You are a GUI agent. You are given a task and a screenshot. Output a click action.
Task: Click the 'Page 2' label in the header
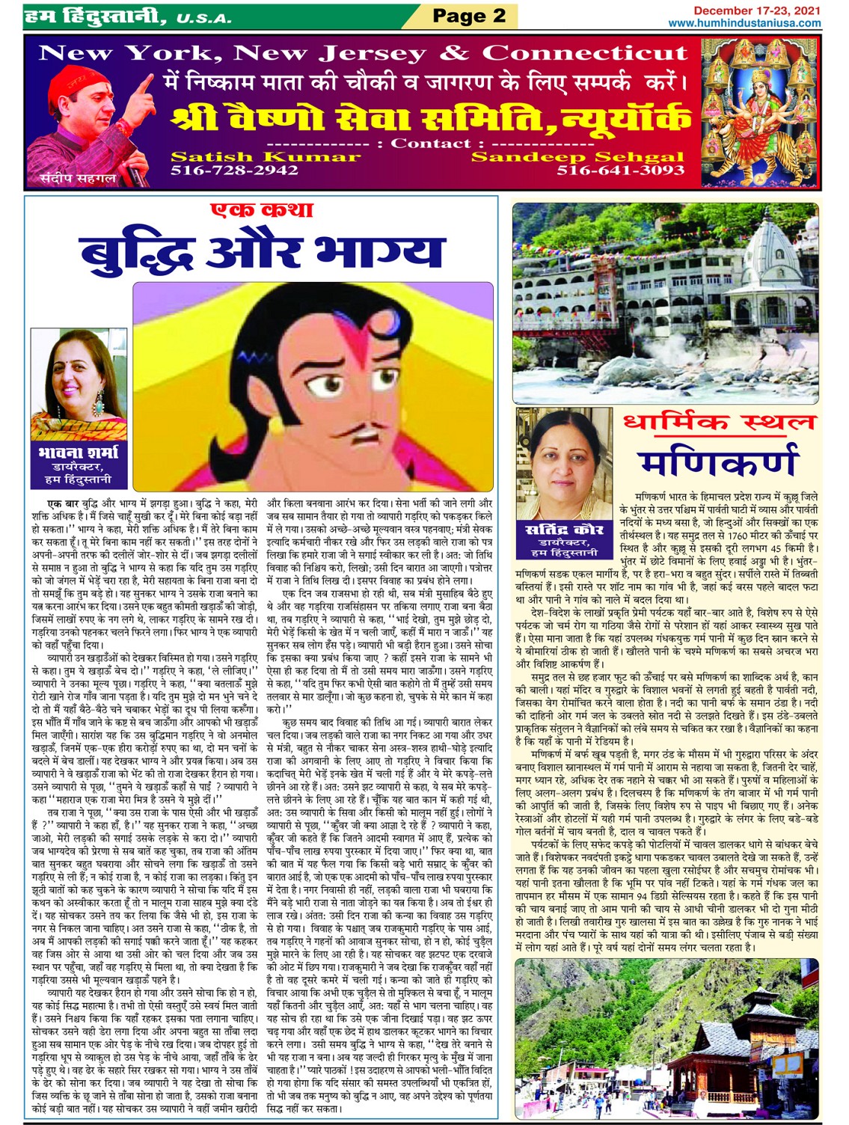click(x=469, y=16)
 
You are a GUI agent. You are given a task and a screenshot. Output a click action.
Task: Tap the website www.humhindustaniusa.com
click(x=744, y=23)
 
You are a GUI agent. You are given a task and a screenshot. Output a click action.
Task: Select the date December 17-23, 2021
click(x=756, y=10)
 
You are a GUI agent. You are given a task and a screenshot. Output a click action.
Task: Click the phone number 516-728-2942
click(x=234, y=171)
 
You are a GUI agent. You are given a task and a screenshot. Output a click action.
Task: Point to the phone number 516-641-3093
click(x=620, y=171)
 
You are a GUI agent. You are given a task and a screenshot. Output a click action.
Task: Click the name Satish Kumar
click(x=265, y=156)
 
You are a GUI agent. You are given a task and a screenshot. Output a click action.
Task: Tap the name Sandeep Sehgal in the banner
click(x=577, y=156)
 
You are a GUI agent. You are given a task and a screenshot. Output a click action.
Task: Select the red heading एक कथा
click(x=261, y=210)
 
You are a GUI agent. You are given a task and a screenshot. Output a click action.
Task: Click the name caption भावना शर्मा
click(x=78, y=452)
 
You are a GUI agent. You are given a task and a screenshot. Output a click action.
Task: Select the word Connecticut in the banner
click(x=583, y=53)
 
